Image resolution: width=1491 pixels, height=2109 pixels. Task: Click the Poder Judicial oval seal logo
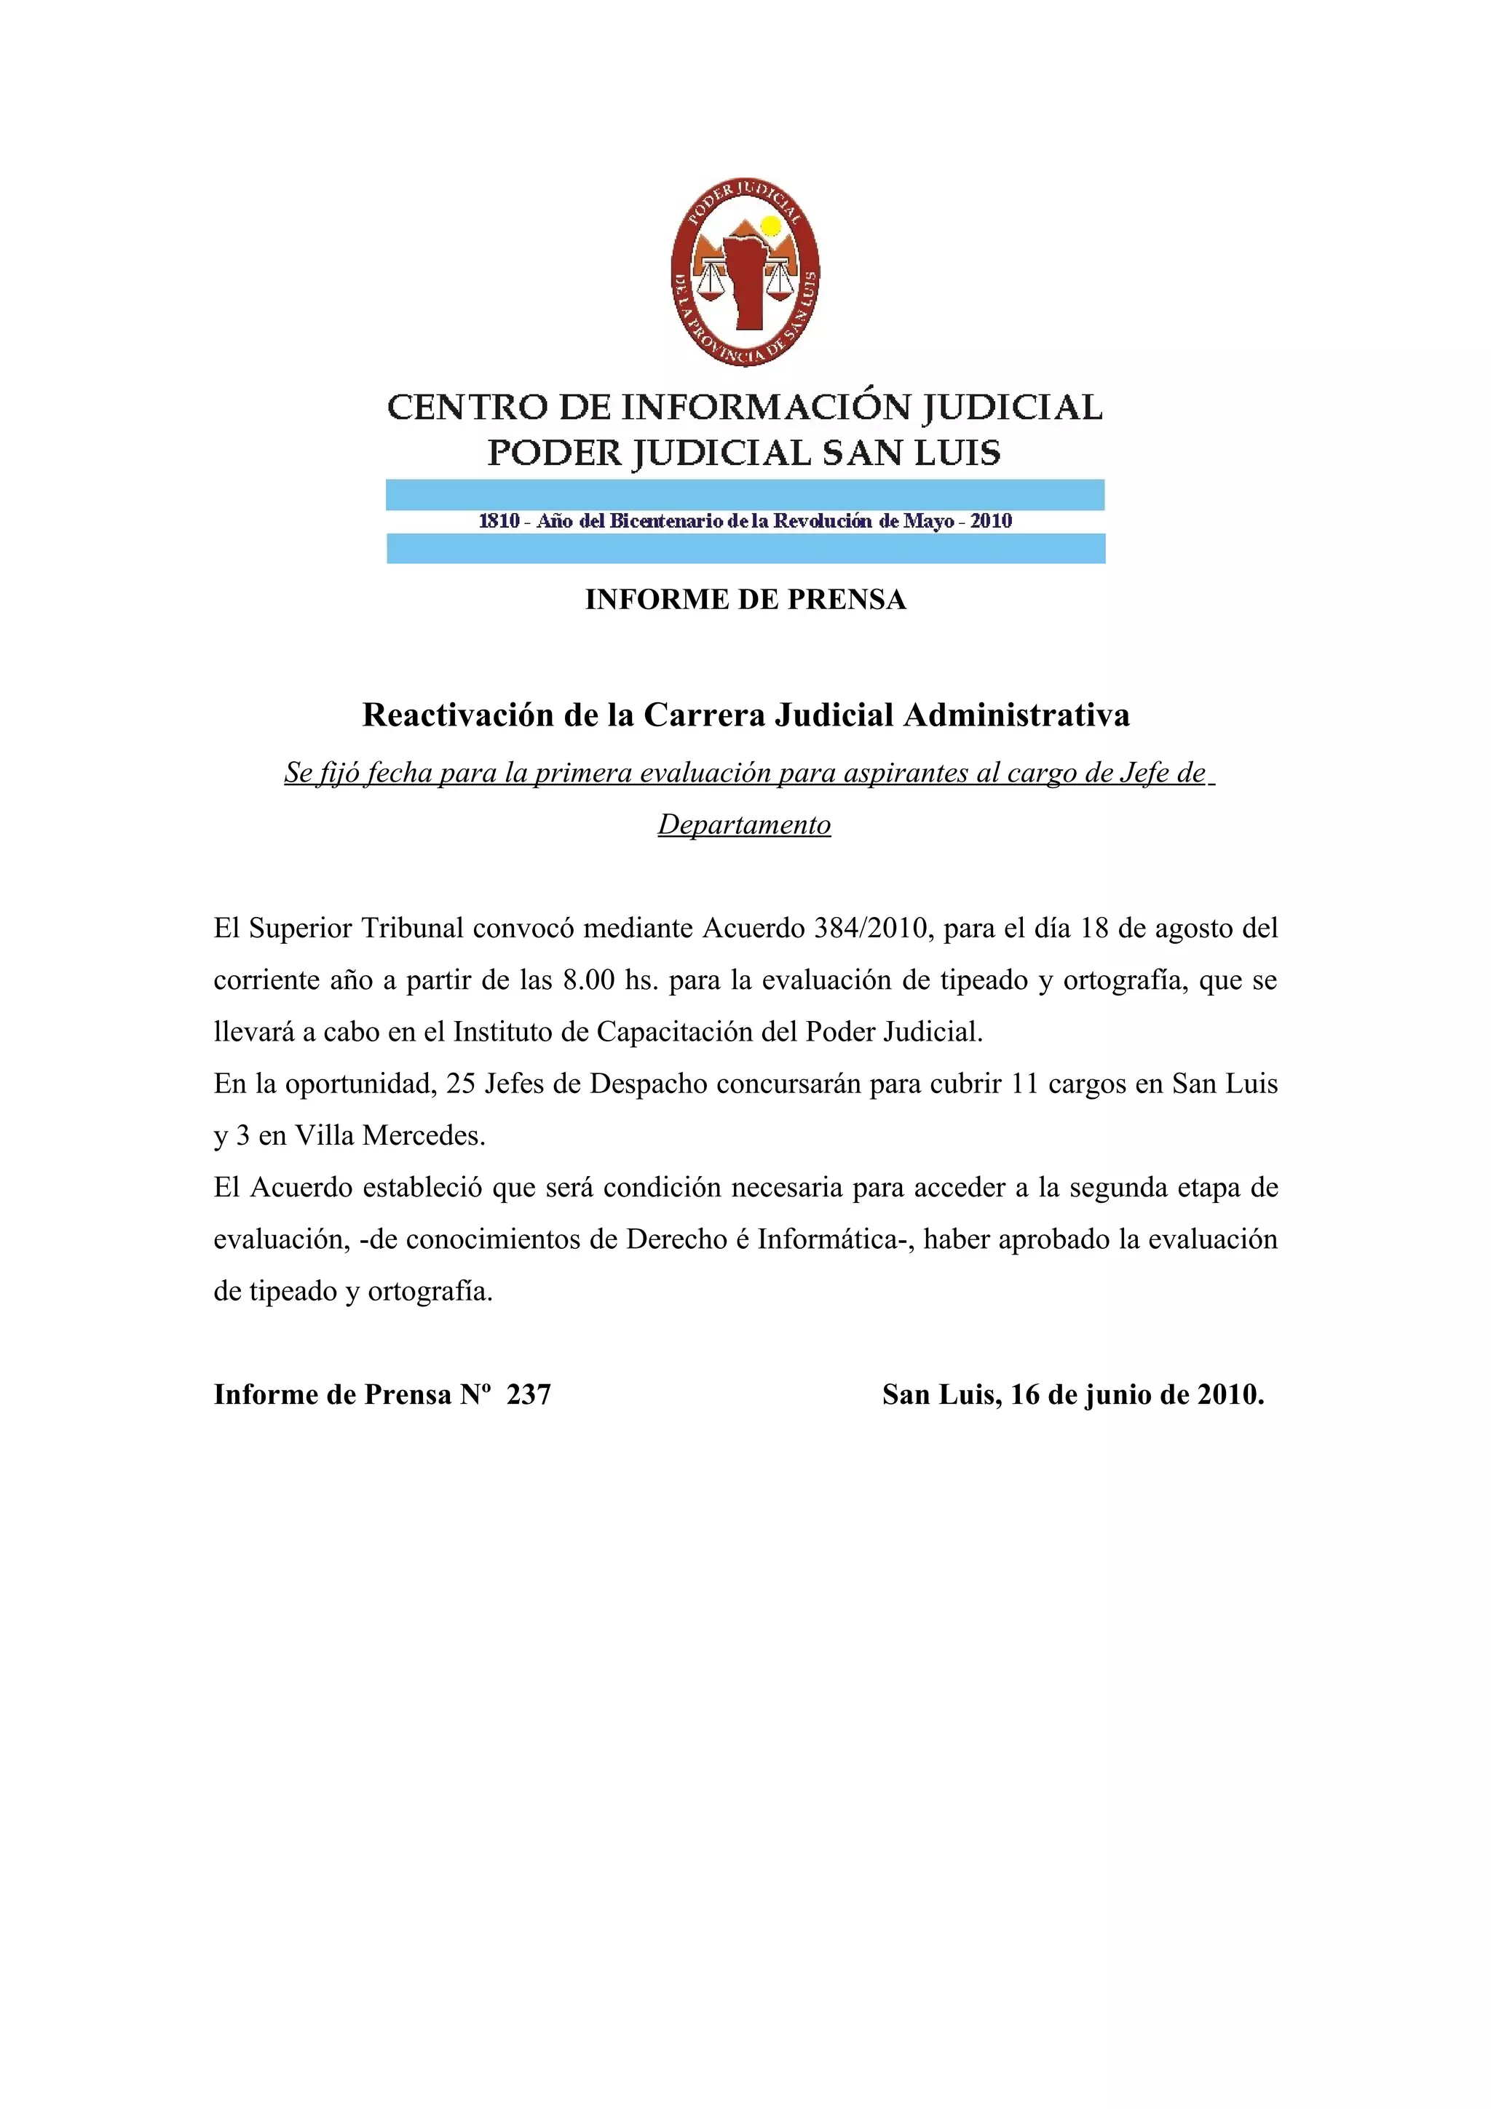(x=745, y=272)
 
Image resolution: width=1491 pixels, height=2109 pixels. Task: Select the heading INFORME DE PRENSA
(x=745, y=600)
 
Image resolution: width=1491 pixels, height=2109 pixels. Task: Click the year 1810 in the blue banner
(x=499, y=521)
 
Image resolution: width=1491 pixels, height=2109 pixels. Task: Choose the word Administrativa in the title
(x=1016, y=715)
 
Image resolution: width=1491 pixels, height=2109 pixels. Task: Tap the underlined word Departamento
(x=744, y=825)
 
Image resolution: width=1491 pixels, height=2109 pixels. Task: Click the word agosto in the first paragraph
(x=1192, y=928)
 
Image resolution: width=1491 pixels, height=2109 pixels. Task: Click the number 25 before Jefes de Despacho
(x=461, y=1084)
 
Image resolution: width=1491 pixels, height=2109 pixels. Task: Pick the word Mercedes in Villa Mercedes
(x=424, y=1135)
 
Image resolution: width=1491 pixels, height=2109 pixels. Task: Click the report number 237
(x=529, y=1394)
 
